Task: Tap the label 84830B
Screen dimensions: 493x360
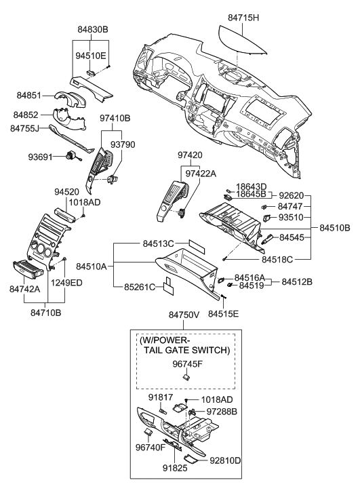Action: pyautogui.click(x=93, y=30)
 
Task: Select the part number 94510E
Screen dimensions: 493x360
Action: pyautogui.click(x=92, y=55)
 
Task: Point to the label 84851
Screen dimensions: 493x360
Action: pyautogui.click(x=31, y=97)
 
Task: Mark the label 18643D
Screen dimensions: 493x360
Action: pyautogui.click(x=252, y=186)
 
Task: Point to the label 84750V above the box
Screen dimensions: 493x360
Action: pyautogui.click(x=185, y=315)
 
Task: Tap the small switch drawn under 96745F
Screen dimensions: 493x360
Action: pyautogui.click(x=184, y=377)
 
